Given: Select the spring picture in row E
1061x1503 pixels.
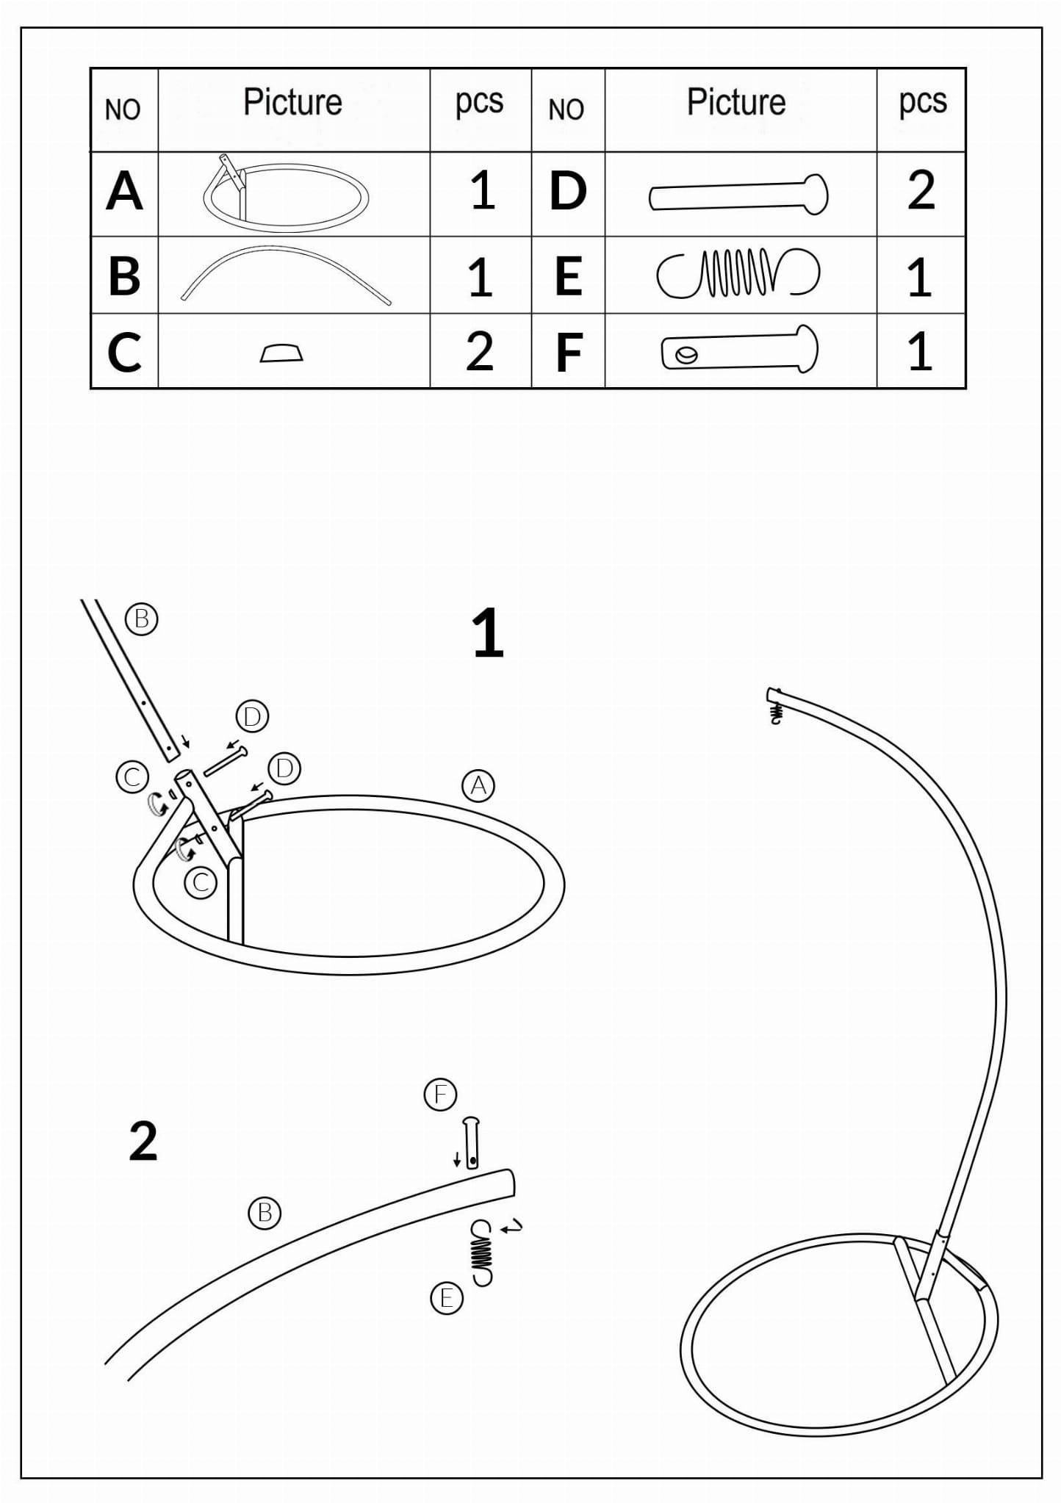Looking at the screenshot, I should tap(738, 273).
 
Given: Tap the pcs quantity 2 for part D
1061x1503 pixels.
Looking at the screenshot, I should tap(921, 191).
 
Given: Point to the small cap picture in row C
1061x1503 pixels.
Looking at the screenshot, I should tap(281, 353).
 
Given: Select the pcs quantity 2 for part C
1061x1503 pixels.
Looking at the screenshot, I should tap(479, 352).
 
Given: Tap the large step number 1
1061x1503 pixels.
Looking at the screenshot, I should tap(487, 633).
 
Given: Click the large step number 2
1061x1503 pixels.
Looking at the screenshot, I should tap(143, 1142).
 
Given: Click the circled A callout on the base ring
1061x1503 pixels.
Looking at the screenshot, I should tap(478, 786).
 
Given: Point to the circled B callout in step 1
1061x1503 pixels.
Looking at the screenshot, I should tap(142, 619).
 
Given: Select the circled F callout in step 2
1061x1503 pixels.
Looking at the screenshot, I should tap(441, 1095).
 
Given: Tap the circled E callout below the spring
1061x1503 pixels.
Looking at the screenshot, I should tap(446, 1299).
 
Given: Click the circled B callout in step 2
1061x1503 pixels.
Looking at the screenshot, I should tap(265, 1212).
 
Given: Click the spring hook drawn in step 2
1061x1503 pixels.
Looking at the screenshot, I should tap(482, 1252).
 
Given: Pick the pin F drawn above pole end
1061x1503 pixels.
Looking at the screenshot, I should tap(471, 1142).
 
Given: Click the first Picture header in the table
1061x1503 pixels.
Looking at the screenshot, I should tap(292, 102).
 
